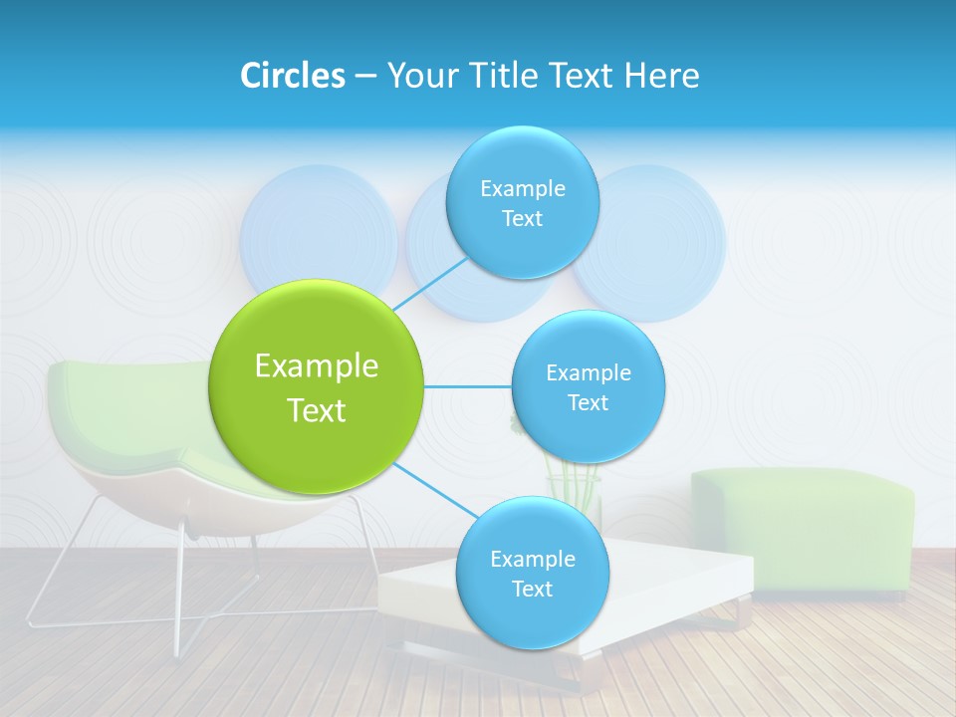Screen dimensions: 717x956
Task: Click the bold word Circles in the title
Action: (x=293, y=76)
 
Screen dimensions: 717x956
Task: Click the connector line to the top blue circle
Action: (x=430, y=283)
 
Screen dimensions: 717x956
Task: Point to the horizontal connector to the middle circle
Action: (x=467, y=386)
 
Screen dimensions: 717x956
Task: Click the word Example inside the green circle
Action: (x=317, y=366)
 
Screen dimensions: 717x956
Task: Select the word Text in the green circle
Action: (x=317, y=410)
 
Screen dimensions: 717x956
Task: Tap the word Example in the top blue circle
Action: (x=522, y=188)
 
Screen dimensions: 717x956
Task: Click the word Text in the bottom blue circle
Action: (x=532, y=589)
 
